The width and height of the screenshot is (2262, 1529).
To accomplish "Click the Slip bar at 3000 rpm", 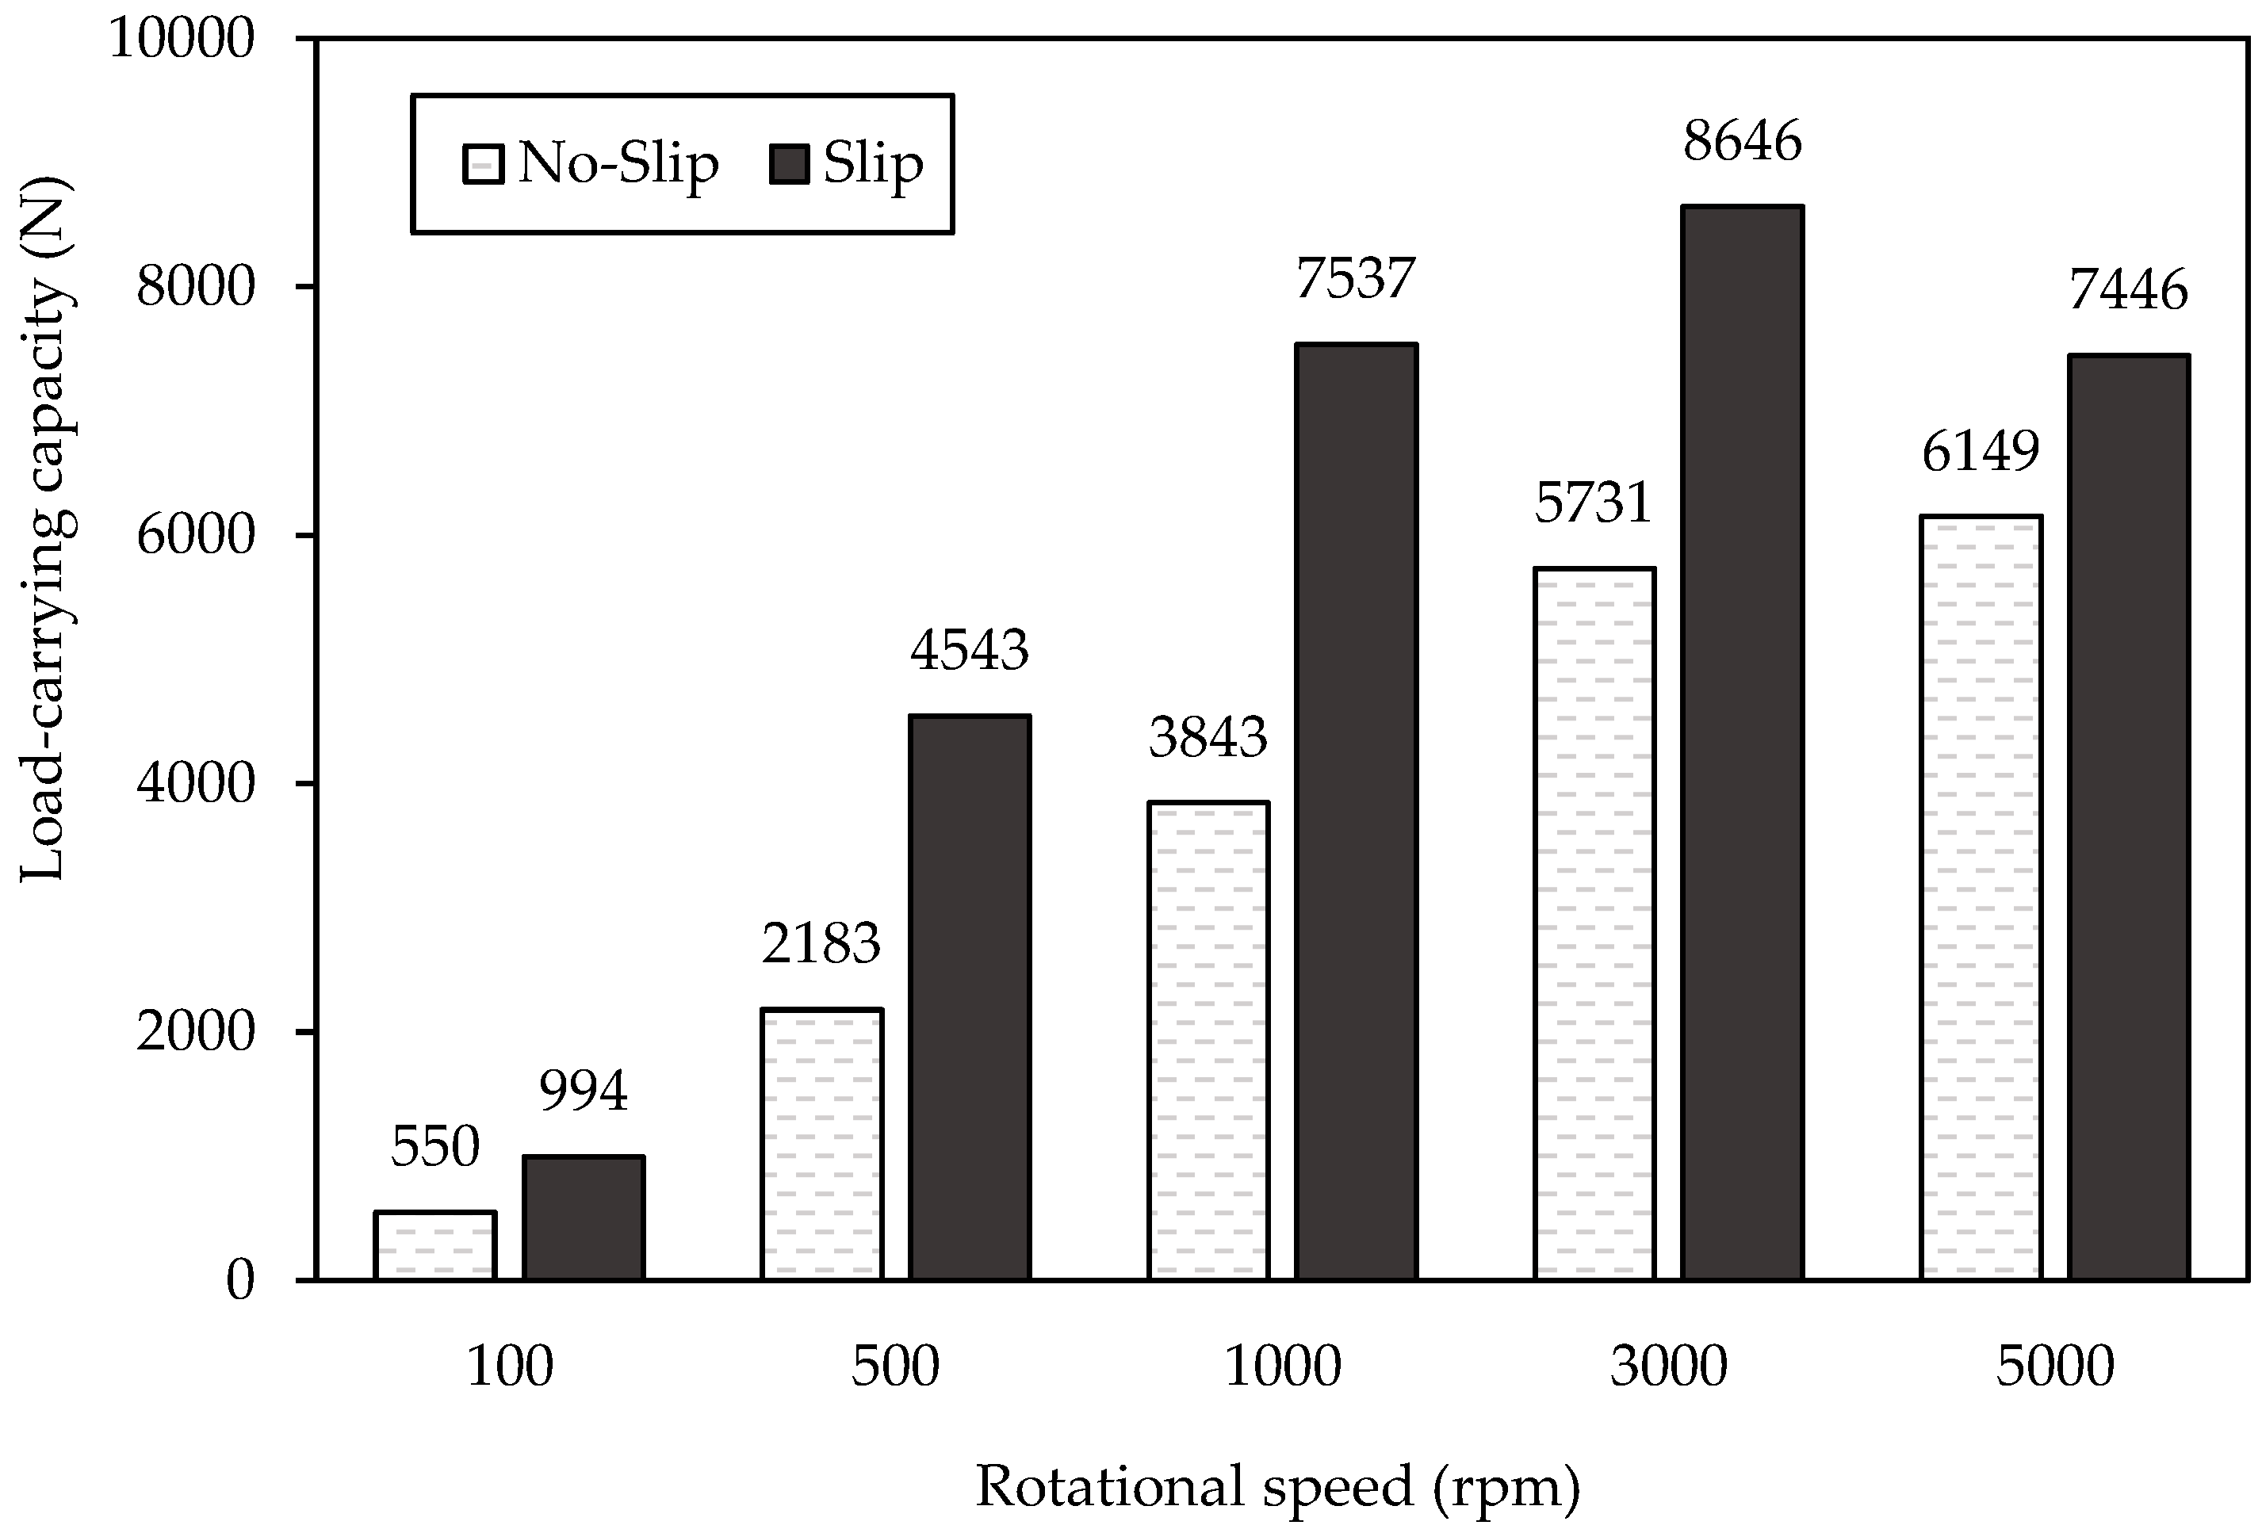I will (x=1742, y=742).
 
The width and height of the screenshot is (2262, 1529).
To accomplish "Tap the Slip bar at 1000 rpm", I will (x=1356, y=811).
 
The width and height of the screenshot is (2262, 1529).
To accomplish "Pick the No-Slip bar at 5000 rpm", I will (x=1981, y=897).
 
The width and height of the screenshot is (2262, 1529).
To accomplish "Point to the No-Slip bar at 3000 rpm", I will (x=1594, y=923).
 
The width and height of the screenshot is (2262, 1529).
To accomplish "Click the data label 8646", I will (x=1742, y=142).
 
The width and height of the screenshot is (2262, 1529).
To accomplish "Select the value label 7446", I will (x=2129, y=291).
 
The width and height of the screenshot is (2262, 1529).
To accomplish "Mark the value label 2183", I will (x=821, y=943).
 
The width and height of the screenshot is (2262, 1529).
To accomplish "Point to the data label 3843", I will (x=1208, y=737).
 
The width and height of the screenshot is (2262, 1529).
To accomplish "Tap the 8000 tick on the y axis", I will (x=195, y=287).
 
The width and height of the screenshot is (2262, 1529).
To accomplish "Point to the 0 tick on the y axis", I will (x=239, y=1281).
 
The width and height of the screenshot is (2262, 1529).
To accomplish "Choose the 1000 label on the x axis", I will (x=1282, y=1367).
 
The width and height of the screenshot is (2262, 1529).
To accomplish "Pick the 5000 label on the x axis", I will (x=2055, y=1367).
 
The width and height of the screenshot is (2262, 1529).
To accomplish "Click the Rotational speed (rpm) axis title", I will (x=1277, y=1486).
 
